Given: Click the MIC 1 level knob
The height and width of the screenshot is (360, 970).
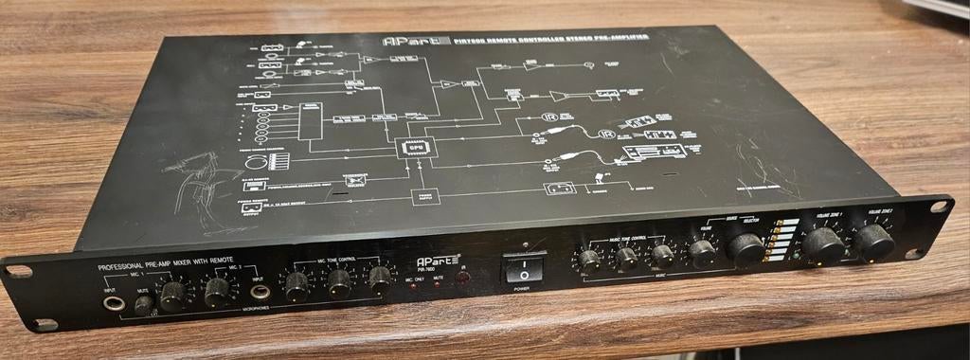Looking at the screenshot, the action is [x=173, y=295].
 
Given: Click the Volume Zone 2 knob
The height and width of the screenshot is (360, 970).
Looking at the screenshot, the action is [x=873, y=242].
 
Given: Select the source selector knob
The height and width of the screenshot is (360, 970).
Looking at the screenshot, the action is [x=746, y=248].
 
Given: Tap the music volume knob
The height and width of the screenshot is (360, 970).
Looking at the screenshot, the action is [x=702, y=252].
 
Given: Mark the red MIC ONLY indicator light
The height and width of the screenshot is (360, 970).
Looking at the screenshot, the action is [x=414, y=288].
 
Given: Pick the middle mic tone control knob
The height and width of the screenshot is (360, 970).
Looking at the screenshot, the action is [x=338, y=282].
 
